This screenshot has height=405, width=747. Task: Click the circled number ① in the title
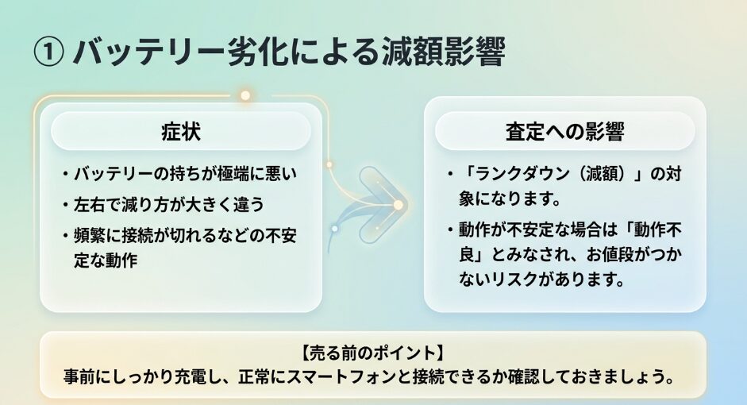pos(48,52)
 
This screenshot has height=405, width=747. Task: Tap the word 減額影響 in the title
pos(443,52)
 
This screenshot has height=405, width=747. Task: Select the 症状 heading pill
pos(181,132)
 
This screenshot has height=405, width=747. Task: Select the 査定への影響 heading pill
pos(565,132)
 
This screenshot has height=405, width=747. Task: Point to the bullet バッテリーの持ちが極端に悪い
pos(185,174)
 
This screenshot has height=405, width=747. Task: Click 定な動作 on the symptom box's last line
pos(106,260)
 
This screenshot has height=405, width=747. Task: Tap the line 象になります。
pos(510,199)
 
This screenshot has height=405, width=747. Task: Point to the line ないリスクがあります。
pos(541,280)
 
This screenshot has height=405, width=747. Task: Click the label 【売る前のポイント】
pos(373,353)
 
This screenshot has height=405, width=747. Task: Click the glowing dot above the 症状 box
pos(245,95)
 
